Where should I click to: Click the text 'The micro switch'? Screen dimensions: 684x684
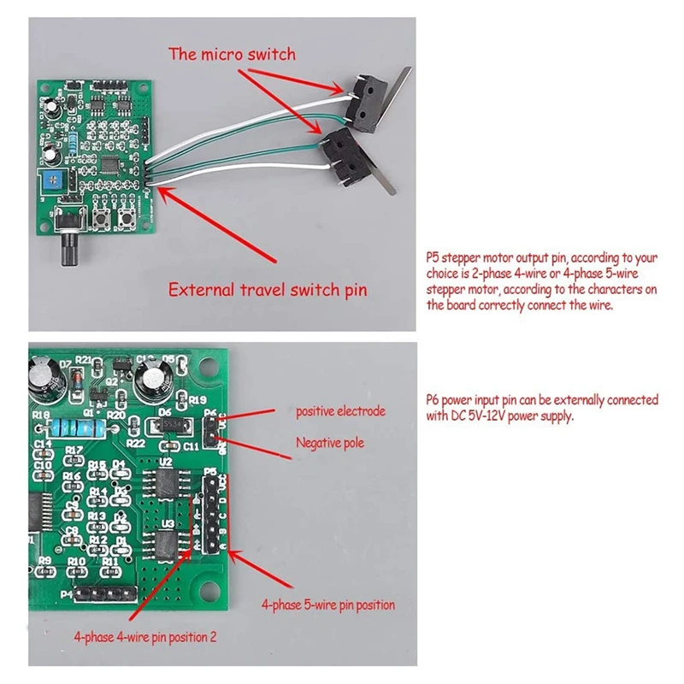pyautogui.click(x=232, y=55)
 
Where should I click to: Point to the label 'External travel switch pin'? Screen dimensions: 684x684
pyautogui.click(x=268, y=289)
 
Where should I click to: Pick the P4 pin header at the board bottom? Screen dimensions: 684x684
pyautogui.click(x=105, y=593)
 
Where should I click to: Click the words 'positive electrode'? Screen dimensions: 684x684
pyautogui.click(x=340, y=411)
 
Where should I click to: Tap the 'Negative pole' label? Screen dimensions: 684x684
pyautogui.click(x=330, y=443)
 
